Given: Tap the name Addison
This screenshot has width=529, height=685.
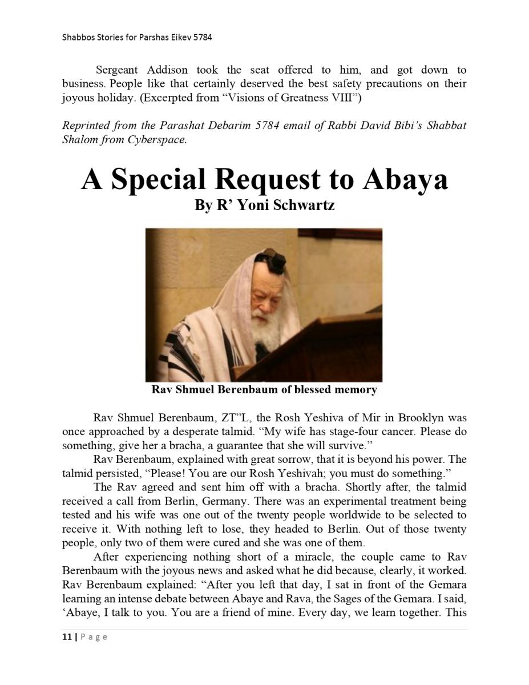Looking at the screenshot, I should point(167,70).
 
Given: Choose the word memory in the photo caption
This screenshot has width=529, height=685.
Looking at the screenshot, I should point(355,390).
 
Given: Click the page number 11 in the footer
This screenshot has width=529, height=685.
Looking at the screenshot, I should point(67,637).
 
